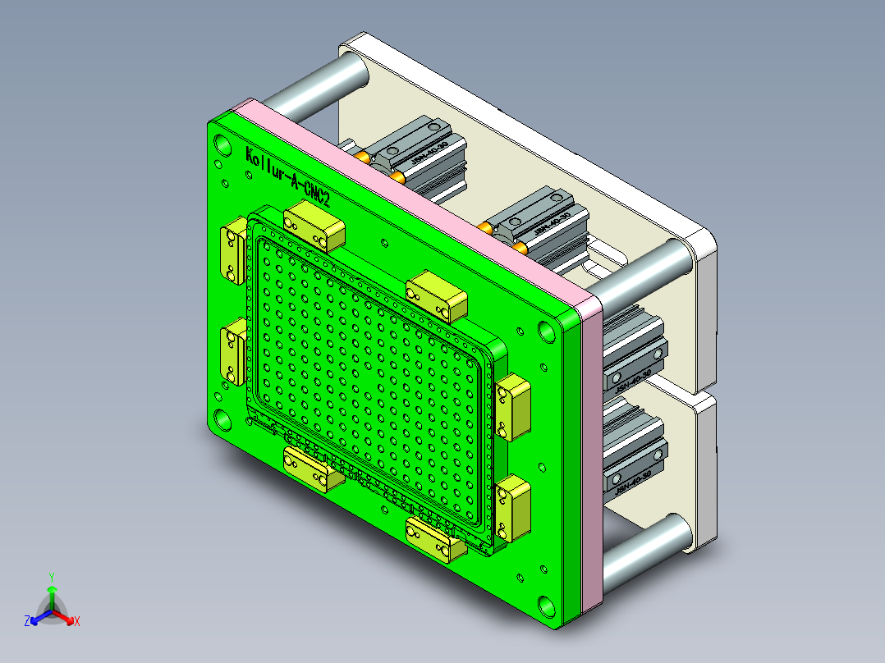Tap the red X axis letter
click(76, 622)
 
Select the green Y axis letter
click(51, 577)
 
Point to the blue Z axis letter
click(27, 622)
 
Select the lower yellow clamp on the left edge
click(232, 351)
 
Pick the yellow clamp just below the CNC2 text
click(314, 226)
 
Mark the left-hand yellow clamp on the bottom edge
click(313, 469)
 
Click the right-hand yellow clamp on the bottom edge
click(435, 538)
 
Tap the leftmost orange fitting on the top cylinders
click(362, 155)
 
